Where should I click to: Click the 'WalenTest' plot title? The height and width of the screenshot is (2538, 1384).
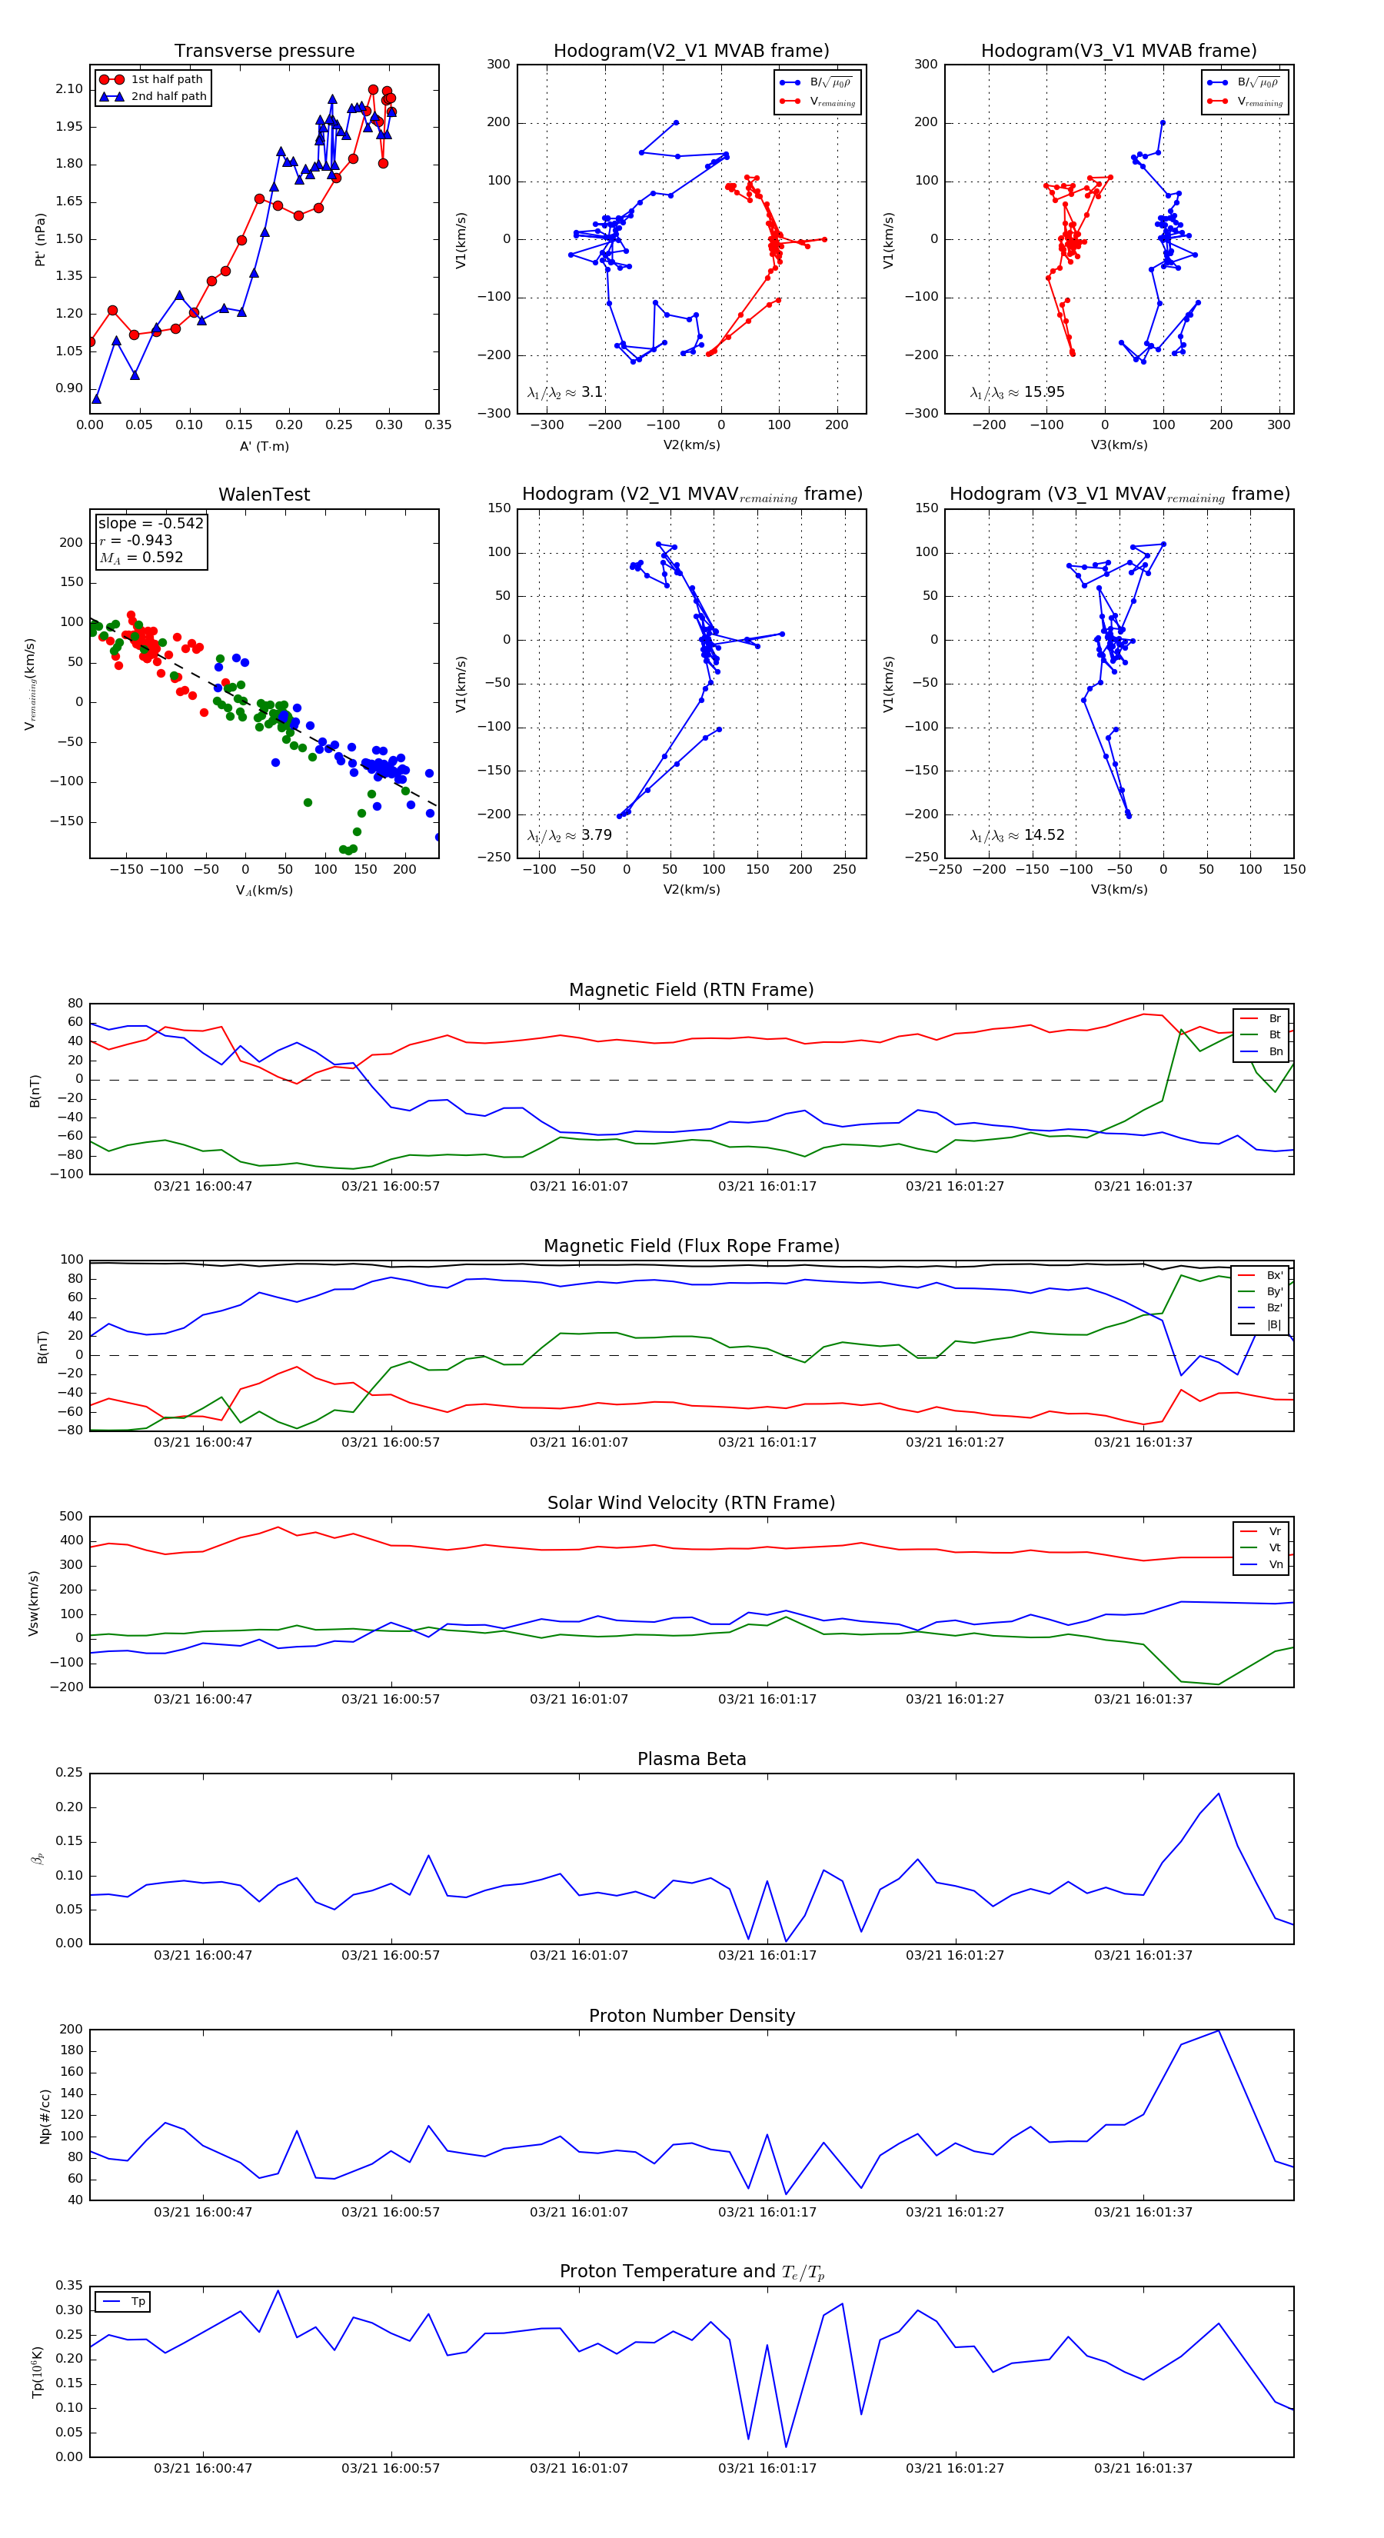tap(264, 495)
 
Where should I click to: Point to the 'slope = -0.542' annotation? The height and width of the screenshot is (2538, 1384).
tap(151, 523)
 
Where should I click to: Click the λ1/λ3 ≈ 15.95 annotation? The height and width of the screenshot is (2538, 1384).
tap(1016, 392)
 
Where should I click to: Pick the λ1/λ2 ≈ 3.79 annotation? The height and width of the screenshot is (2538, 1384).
tap(569, 835)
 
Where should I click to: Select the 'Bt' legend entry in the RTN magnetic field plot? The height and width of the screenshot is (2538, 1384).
tap(1274, 1034)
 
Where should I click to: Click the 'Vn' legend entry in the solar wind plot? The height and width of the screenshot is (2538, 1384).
tap(1276, 1564)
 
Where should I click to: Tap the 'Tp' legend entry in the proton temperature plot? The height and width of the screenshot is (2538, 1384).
tap(138, 2302)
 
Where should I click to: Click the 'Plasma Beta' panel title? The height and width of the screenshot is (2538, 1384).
tap(691, 1759)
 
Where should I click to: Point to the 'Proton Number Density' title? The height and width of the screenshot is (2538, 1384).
tap(691, 2016)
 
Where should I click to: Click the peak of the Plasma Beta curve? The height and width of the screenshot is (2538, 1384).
tap(1219, 1794)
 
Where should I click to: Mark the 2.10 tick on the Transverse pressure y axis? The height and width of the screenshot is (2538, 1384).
tap(69, 88)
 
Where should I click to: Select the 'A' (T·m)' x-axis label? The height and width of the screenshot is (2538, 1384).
tap(264, 446)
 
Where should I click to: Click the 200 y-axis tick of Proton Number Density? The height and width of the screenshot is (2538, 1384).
tap(71, 2030)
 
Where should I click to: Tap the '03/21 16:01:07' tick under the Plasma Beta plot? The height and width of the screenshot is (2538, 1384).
tap(578, 1955)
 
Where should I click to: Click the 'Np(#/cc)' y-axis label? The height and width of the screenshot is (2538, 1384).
tap(45, 2115)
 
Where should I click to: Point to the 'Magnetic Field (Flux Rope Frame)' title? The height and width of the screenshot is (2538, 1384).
tap(691, 1247)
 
